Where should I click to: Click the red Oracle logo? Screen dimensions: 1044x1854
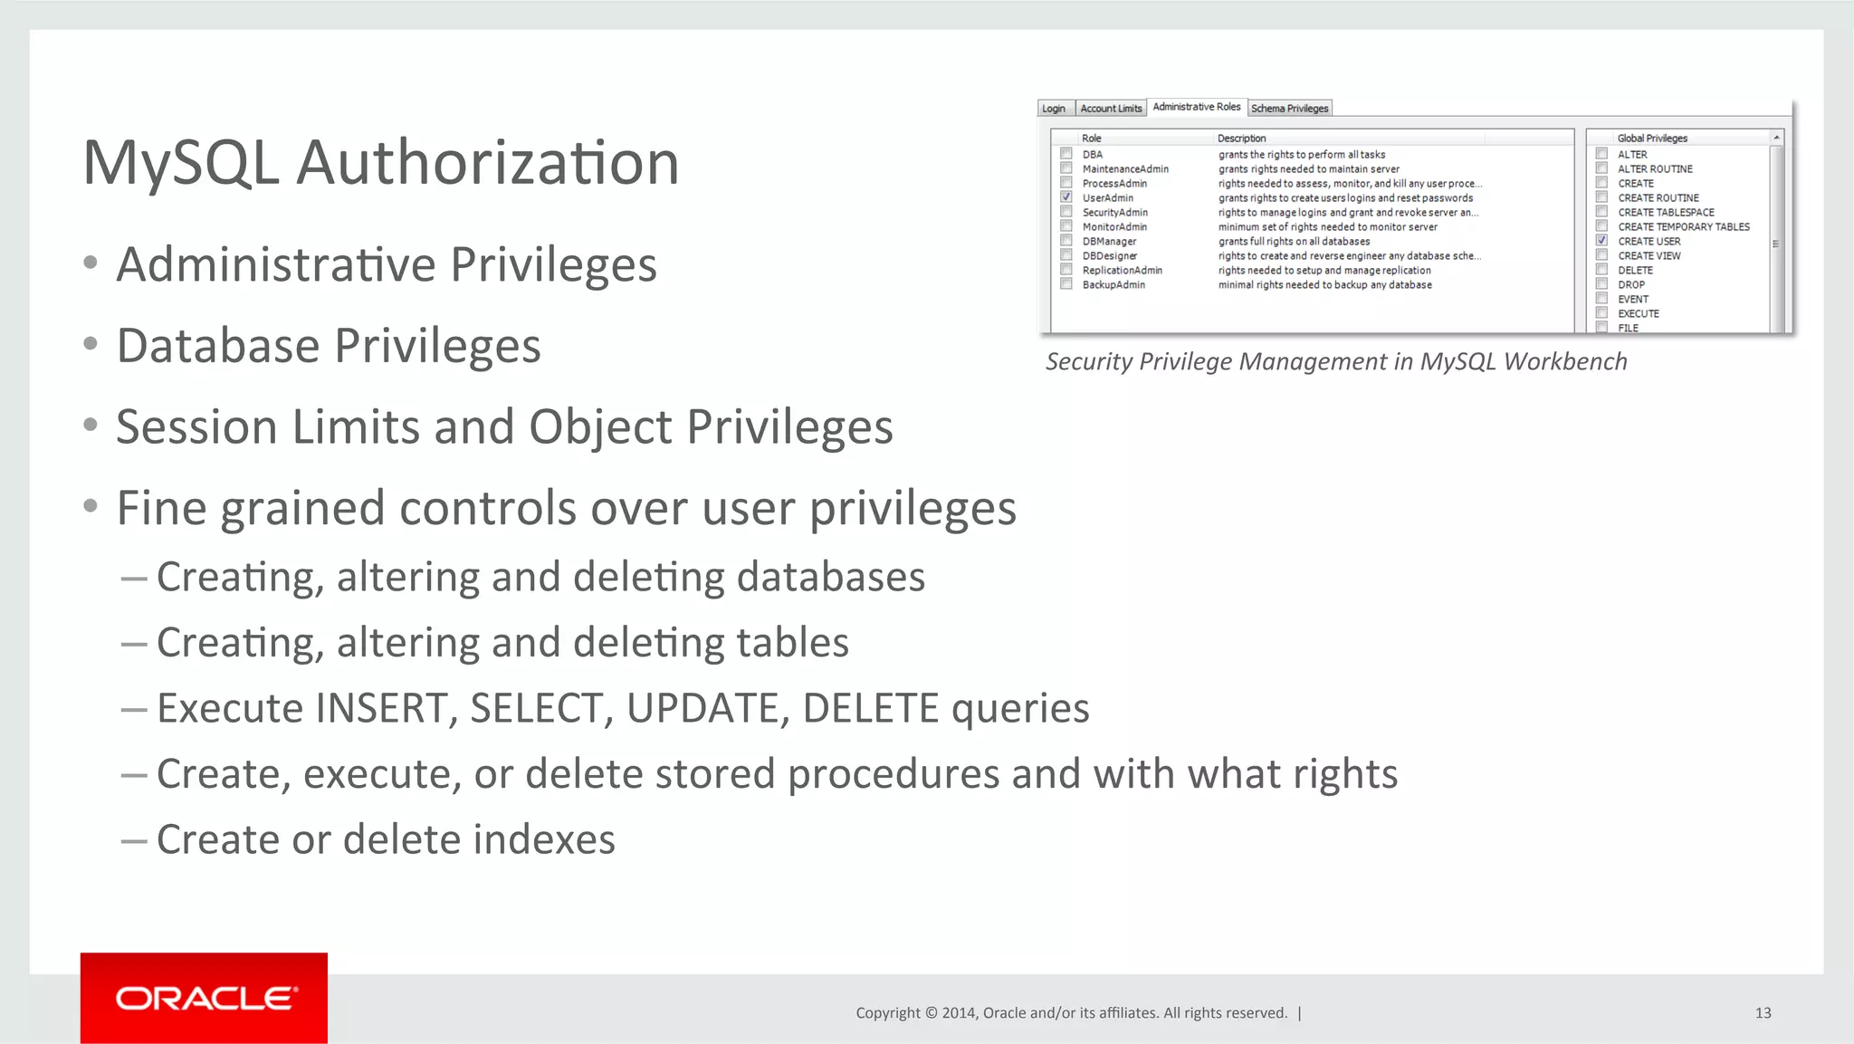click(204, 998)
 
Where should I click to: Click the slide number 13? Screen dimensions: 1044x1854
click(1763, 1013)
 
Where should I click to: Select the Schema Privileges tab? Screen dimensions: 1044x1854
click(1289, 109)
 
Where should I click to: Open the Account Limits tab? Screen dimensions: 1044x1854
click(1111, 109)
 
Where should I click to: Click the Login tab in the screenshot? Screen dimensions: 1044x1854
click(1054, 109)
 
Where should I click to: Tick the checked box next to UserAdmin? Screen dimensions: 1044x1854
click(1066, 197)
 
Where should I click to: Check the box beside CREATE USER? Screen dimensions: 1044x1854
click(1601, 241)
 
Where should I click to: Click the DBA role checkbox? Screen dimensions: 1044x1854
click(1066, 154)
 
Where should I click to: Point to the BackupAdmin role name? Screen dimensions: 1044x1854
click(1113, 285)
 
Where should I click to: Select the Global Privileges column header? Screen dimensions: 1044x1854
click(1652, 139)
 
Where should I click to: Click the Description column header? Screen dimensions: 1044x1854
click(1241, 139)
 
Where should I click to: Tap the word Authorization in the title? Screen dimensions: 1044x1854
click(488, 164)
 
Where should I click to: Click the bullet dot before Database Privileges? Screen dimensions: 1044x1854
click(90, 345)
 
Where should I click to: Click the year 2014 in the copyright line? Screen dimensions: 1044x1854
click(958, 1013)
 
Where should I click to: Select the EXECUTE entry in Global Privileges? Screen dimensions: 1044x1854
click(1639, 314)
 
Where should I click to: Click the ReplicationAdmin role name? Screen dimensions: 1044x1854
click(1122, 271)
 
